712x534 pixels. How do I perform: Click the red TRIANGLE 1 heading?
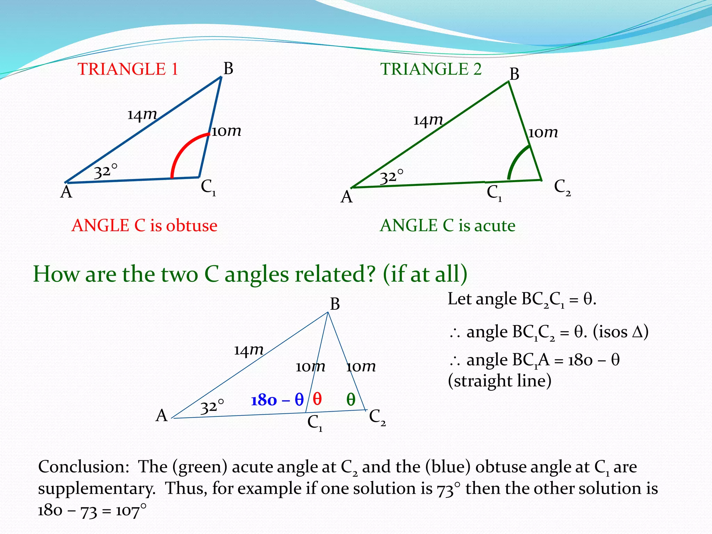(x=128, y=69)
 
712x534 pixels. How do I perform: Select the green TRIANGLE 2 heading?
(x=431, y=69)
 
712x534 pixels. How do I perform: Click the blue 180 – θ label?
(x=277, y=400)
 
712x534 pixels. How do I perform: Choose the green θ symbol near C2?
(x=351, y=400)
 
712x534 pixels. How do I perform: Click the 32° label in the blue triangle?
(x=106, y=171)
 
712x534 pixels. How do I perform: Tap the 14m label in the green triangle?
(x=428, y=120)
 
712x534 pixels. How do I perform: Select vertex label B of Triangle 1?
(x=228, y=68)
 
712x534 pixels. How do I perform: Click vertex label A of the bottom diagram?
(x=162, y=415)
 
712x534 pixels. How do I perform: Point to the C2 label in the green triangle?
(x=562, y=187)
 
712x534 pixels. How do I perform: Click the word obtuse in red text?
(x=192, y=226)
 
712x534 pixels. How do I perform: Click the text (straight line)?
(x=500, y=381)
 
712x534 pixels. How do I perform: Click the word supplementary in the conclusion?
(x=97, y=488)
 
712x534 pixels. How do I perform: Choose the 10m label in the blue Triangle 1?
(x=226, y=131)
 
